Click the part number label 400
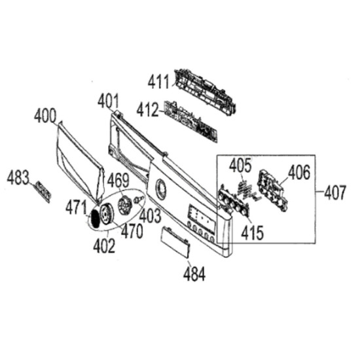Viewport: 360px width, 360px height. pyautogui.click(x=45, y=115)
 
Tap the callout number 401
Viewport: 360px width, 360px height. pyautogui.click(x=109, y=101)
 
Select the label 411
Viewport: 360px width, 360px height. pyautogui.click(x=158, y=82)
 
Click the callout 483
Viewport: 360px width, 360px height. pyautogui.click(x=18, y=177)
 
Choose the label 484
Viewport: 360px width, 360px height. pyautogui.click(x=194, y=274)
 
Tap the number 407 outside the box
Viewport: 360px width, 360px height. pyautogui.click(x=334, y=192)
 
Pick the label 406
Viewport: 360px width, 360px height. pyautogui.click(x=299, y=172)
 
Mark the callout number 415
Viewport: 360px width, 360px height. pyautogui.click(x=253, y=232)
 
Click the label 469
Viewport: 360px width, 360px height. pyautogui.click(x=118, y=181)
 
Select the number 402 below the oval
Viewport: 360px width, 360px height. pyautogui.click(x=104, y=245)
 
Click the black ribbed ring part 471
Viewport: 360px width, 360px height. pyautogui.click(x=94, y=219)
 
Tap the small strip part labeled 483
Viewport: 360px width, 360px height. pyautogui.click(x=43, y=192)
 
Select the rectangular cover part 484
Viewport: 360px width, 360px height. pyautogui.click(x=176, y=242)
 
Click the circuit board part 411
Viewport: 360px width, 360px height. pyautogui.click(x=205, y=92)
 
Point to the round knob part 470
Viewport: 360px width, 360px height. pyautogui.click(x=107, y=214)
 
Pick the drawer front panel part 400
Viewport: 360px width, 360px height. pyautogui.click(x=80, y=161)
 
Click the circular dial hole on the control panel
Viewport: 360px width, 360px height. pyautogui.click(x=161, y=189)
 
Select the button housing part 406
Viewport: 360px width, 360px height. pyautogui.click(x=272, y=190)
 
